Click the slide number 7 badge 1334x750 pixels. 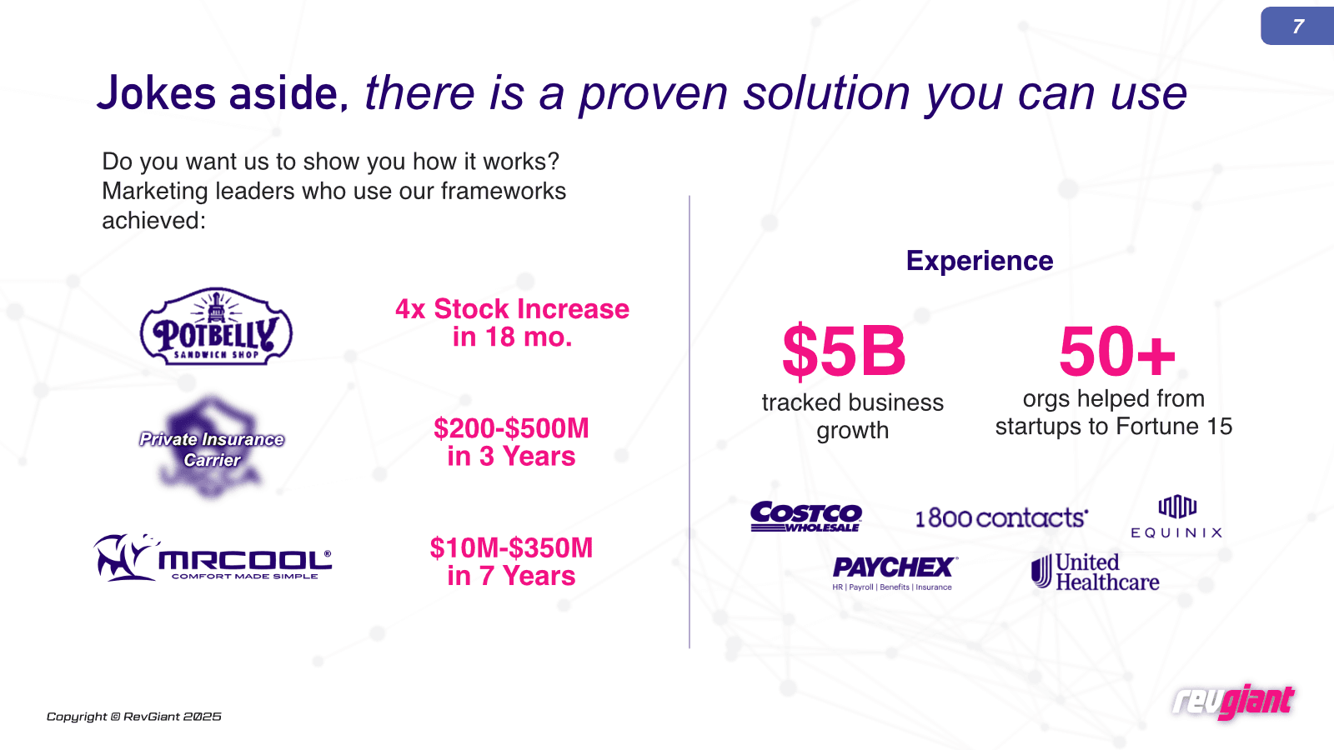point(1297,26)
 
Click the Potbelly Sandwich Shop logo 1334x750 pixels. point(216,326)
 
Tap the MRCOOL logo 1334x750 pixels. point(213,557)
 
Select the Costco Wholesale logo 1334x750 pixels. point(805,516)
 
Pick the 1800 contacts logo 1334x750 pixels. point(1001,517)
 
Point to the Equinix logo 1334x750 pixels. point(1176,517)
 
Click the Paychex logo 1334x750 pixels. point(895,573)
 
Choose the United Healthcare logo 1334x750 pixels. point(1096,572)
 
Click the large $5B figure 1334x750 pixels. point(844,351)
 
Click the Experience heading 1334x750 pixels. point(980,261)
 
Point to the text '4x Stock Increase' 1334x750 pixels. point(512,309)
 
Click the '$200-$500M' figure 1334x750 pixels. point(511,428)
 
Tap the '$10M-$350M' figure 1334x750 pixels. point(511,548)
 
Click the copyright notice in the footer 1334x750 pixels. point(134,717)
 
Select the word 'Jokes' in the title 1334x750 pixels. point(156,93)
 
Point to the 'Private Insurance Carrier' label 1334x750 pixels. point(212,449)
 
